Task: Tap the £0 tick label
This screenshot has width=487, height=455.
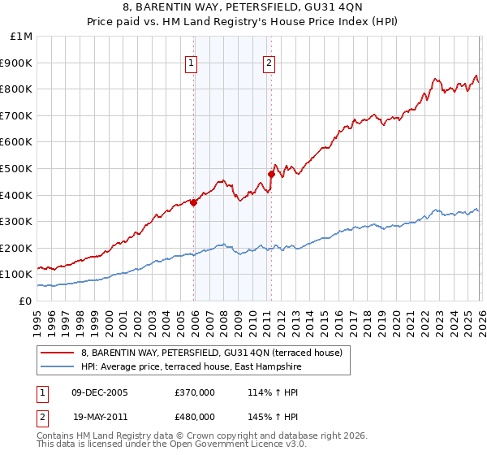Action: coord(26,301)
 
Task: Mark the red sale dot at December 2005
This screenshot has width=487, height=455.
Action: coord(193,203)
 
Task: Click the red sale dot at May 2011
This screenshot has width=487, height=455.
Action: coord(271,173)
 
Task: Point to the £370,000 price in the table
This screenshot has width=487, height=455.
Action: coord(195,392)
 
